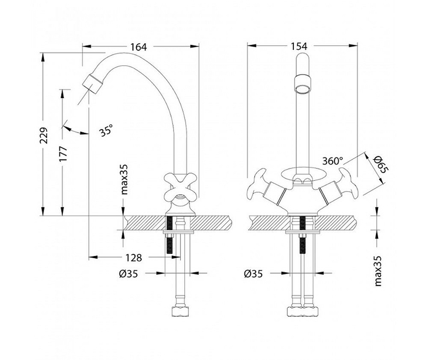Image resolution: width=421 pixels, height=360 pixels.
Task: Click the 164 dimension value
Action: (x=139, y=47)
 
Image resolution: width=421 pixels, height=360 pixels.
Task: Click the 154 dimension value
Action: (x=298, y=46)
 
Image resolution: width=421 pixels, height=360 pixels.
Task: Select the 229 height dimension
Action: (x=44, y=135)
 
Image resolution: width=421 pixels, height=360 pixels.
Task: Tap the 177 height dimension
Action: (x=64, y=154)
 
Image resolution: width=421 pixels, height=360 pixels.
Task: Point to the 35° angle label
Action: (x=106, y=131)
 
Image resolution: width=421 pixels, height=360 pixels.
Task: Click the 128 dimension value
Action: (x=133, y=258)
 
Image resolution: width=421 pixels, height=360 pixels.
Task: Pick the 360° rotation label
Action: (x=333, y=161)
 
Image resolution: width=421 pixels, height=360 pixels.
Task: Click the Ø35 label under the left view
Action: (x=128, y=274)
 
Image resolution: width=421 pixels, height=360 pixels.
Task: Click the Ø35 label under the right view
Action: (x=253, y=274)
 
